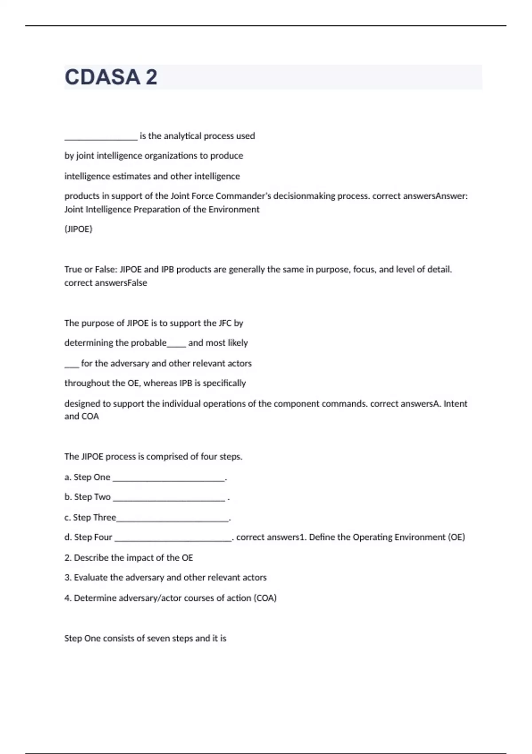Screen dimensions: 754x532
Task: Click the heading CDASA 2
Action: pyautogui.click(x=111, y=77)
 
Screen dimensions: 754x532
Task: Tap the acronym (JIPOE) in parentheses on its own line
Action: pyautogui.click(x=78, y=229)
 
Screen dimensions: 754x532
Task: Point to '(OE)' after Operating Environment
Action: pyautogui.click(x=456, y=538)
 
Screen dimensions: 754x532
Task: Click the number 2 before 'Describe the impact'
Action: pyautogui.click(x=67, y=558)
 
